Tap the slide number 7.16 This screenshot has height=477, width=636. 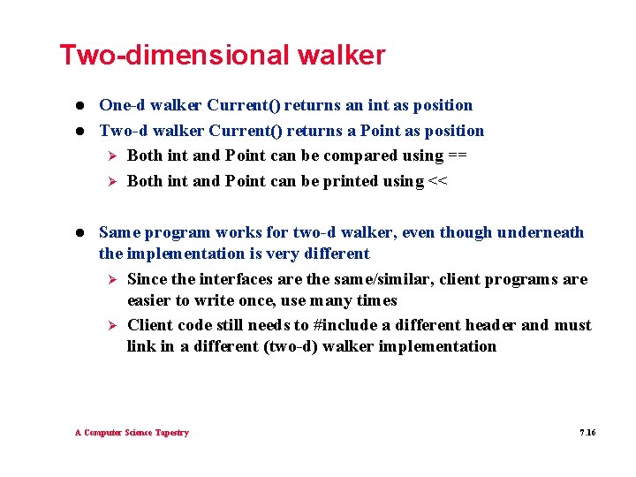point(587,433)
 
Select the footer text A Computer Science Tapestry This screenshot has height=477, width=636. point(132,433)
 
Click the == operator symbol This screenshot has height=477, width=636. point(458,156)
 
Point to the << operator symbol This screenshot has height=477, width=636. point(437,182)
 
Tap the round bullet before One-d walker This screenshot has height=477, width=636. point(79,106)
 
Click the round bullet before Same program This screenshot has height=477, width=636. point(79,233)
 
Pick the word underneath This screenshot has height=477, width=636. point(541,232)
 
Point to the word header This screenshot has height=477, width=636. point(490,325)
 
